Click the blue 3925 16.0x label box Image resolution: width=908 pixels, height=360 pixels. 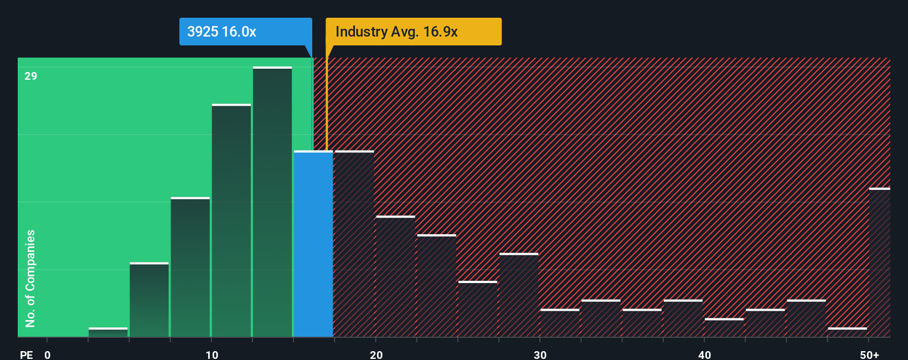pyautogui.click(x=245, y=32)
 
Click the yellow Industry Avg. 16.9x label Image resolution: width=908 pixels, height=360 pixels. pyautogui.click(x=413, y=32)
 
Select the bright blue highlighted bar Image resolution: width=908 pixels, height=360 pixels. pyautogui.click(x=313, y=244)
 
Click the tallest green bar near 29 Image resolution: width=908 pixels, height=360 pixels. pyautogui.click(x=272, y=202)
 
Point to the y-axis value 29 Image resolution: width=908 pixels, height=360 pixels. pyautogui.click(x=30, y=76)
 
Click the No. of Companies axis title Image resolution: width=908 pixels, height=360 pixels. pyautogui.click(x=30, y=278)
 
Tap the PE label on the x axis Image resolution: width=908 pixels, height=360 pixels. pyautogui.click(x=26, y=354)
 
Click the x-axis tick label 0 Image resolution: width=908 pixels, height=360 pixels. pyautogui.click(x=48, y=354)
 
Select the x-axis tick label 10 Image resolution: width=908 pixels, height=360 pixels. pyautogui.click(x=211, y=354)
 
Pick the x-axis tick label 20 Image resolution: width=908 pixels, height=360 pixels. pyautogui.click(x=376, y=354)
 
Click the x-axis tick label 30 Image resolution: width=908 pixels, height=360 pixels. pyautogui.click(x=540, y=354)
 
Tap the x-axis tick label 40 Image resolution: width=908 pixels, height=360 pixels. pyautogui.click(x=704, y=354)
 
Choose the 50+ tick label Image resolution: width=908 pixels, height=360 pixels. pyautogui.click(x=869, y=354)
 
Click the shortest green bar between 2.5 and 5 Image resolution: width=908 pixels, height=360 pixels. pyautogui.click(x=108, y=332)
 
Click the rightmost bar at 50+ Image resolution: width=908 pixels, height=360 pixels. pyautogui.click(x=879, y=263)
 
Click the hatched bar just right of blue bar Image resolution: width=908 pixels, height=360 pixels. pyautogui.click(x=354, y=244)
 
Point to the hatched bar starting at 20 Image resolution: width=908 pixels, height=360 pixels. pyautogui.click(x=395, y=277)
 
